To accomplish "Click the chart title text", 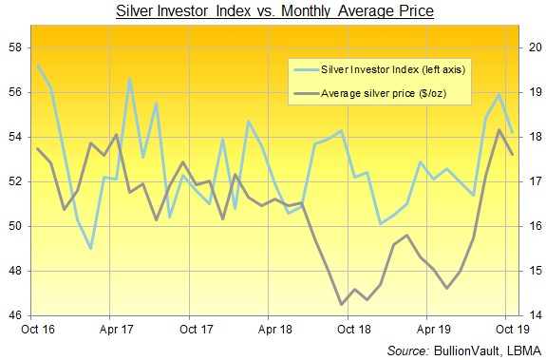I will pos(273,12).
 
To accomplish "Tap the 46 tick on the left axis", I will pos(16,315).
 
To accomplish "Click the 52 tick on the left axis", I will pos(16,181).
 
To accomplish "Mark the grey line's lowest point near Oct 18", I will pos(342,304).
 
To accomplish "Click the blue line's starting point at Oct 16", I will pos(38,66).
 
